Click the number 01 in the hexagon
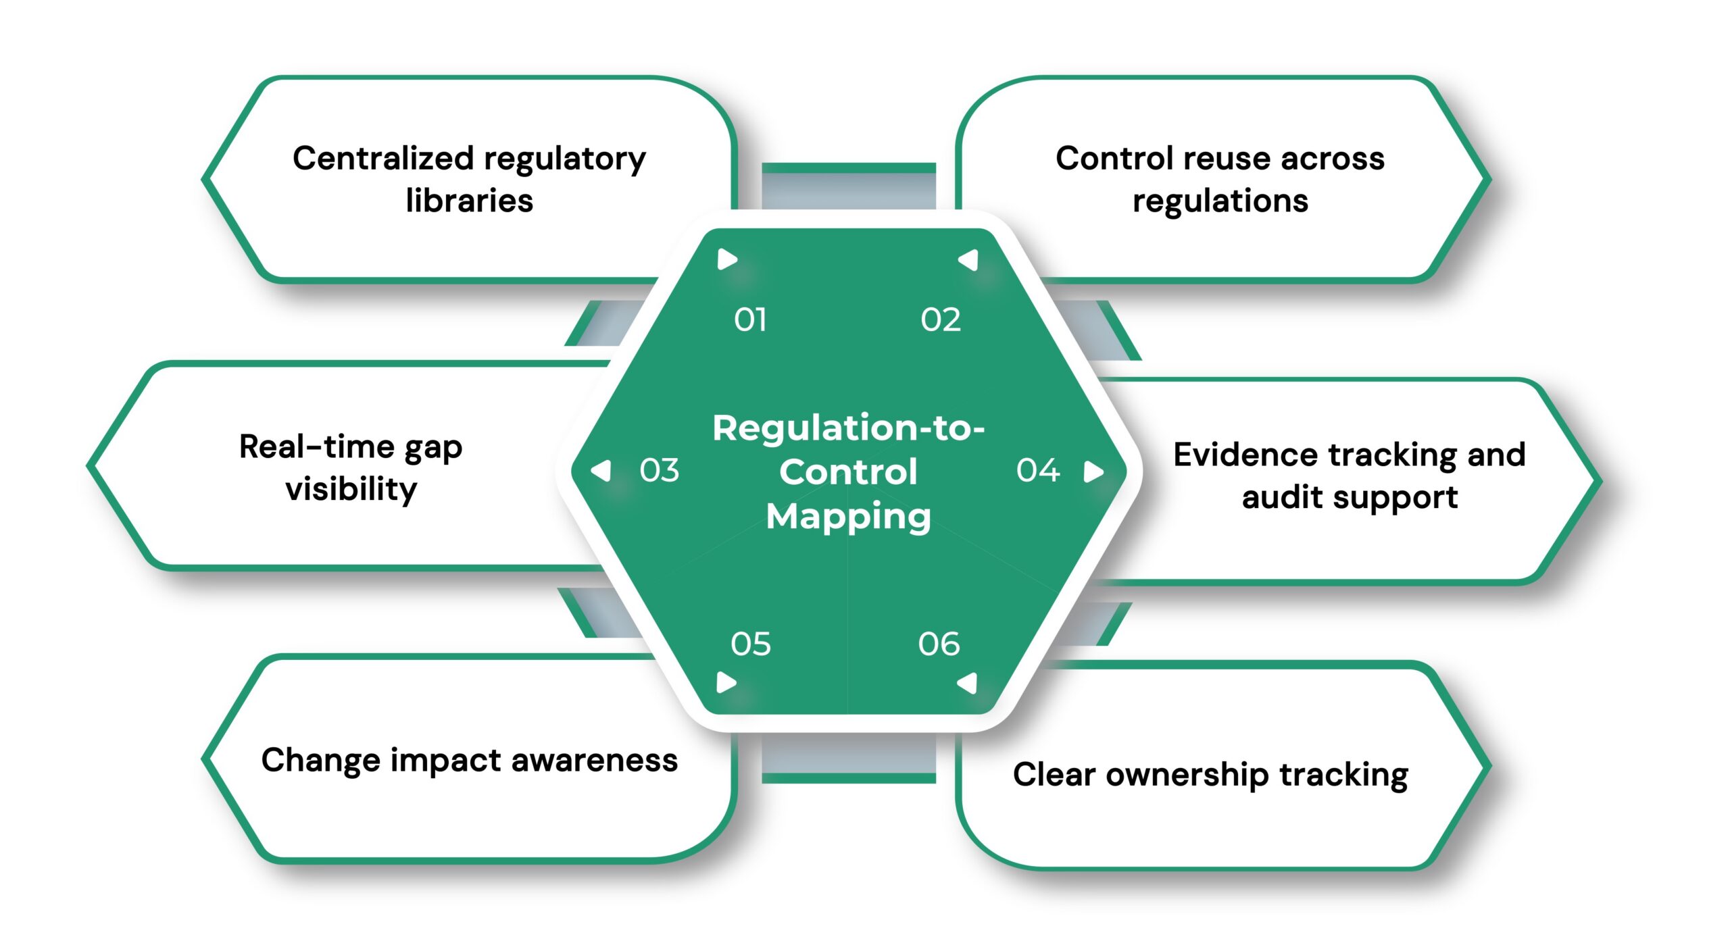pyautogui.click(x=750, y=320)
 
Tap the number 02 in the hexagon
pyautogui.click(x=940, y=320)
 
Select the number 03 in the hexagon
pyautogui.click(x=659, y=470)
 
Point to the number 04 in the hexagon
pyautogui.click(x=1038, y=470)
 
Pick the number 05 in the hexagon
pyautogui.click(x=750, y=644)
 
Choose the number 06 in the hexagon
pyautogui.click(x=939, y=644)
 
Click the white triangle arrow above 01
pyautogui.click(x=726, y=259)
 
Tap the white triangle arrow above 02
pyautogui.click(x=969, y=260)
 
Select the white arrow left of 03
pyautogui.click(x=601, y=471)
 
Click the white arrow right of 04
pyautogui.click(x=1093, y=471)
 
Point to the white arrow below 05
pyautogui.click(x=726, y=682)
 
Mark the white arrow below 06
pyautogui.click(x=968, y=683)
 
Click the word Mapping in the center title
pyautogui.click(x=848, y=517)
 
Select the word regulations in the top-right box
pyautogui.click(x=1220, y=201)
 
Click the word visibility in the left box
pyautogui.click(x=351, y=489)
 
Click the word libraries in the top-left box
pyautogui.click(x=469, y=201)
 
